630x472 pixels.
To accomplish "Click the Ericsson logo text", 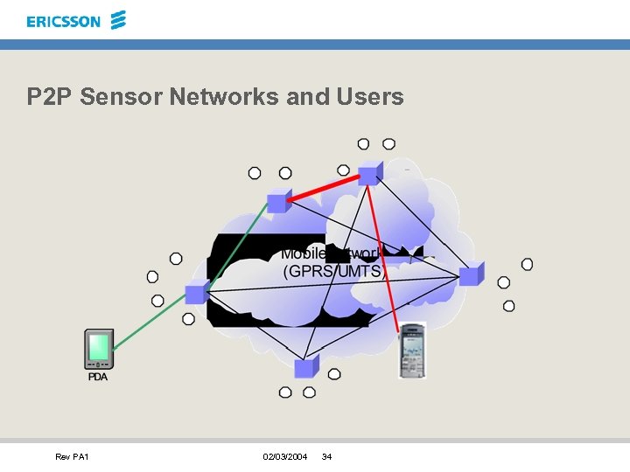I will [63, 21].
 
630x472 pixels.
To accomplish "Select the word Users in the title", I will [369, 96].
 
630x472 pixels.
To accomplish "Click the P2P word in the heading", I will [49, 96].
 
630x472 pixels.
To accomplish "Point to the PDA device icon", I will [98, 349].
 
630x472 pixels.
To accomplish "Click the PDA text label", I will [98, 377].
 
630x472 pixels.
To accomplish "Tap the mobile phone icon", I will [411, 350].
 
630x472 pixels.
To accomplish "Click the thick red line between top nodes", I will [324, 188].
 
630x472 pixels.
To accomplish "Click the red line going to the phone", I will [385, 253].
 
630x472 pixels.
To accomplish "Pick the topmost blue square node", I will [370, 173].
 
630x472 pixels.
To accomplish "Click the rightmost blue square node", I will [471, 276].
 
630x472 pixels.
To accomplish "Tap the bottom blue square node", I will [305, 368].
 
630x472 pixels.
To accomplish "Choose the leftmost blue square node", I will [196, 293].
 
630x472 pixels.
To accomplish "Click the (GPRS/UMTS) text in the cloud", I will [334, 272].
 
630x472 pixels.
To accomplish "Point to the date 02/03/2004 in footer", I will [284, 457].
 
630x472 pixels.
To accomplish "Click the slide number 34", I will [327, 457].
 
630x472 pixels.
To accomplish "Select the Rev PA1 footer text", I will [72, 457].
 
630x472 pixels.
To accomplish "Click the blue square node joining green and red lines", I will [277, 202].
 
